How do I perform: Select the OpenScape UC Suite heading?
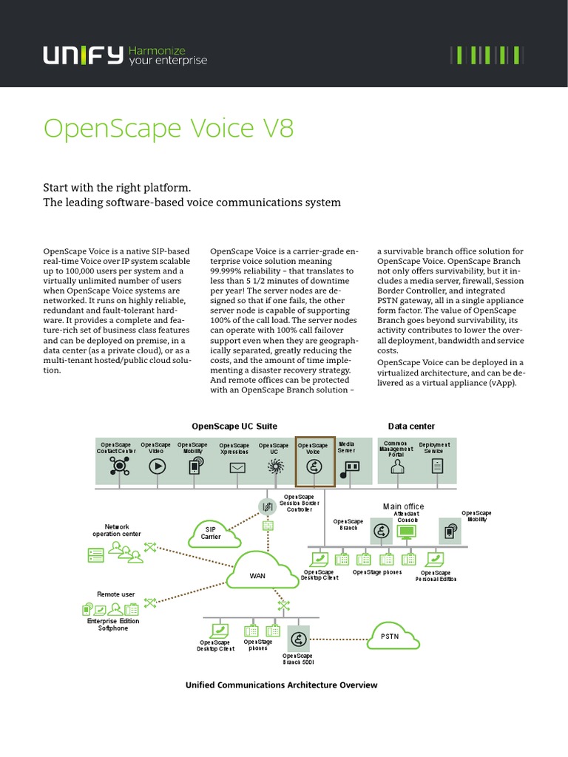pos(234,427)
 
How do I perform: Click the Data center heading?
pos(411,427)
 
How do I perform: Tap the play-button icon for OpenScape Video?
pos(156,466)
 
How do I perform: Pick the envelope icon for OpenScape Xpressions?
pos(237,467)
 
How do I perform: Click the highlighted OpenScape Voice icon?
pos(314,466)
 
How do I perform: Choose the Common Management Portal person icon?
pos(397,466)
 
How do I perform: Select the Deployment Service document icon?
pos(437,466)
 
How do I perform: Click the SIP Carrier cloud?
pos(210,532)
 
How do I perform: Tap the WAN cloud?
pos(257,574)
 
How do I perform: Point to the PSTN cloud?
pos(390,635)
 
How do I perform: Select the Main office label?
pos(403,506)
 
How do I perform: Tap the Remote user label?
pos(116,594)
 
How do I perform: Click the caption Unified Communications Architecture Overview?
pos(281,685)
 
